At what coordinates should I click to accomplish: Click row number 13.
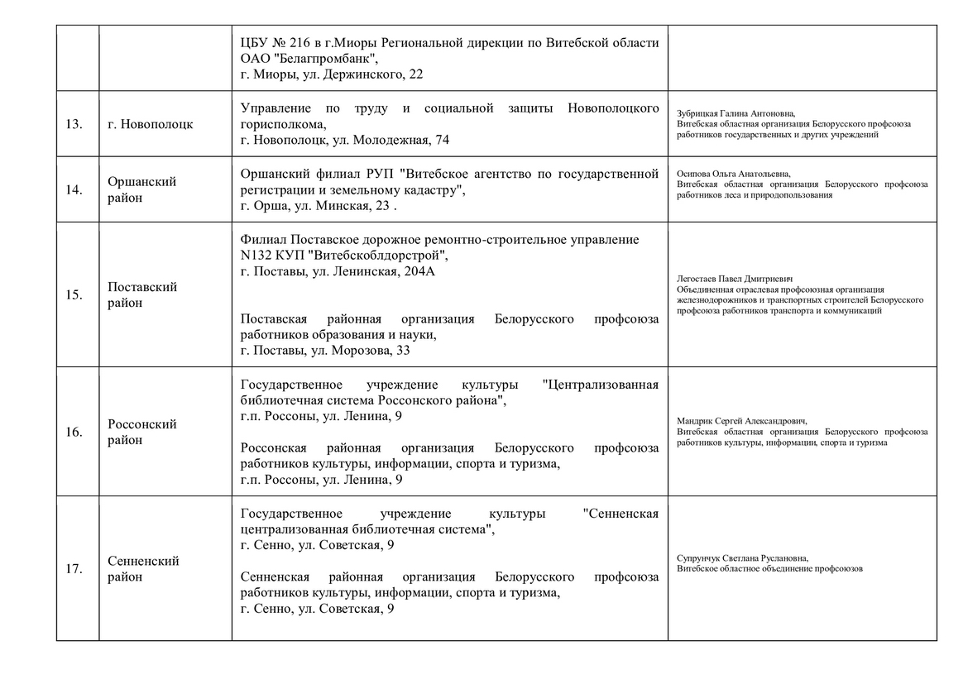coord(74,124)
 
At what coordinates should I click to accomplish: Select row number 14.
coord(74,189)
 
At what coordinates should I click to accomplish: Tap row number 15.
coord(74,295)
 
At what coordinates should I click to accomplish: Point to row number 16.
coord(74,433)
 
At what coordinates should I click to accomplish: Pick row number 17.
coord(74,569)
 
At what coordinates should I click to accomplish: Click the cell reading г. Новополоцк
coord(151,124)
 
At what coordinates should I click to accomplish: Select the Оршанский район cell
coord(142,189)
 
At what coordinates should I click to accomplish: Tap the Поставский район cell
coord(142,295)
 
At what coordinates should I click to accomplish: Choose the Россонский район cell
coord(142,433)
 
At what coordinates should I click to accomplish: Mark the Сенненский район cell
coord(143,569)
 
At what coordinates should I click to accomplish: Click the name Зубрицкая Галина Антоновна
coord(736,113)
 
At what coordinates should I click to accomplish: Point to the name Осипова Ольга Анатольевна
coord(733,174)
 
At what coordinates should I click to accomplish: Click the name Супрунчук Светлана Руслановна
coord(742,558)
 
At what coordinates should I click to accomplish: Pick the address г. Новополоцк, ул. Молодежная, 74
coord(344,141)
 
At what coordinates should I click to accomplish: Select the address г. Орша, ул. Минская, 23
coord(314,206)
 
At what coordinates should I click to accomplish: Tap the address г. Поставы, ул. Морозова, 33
coord(325,351)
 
